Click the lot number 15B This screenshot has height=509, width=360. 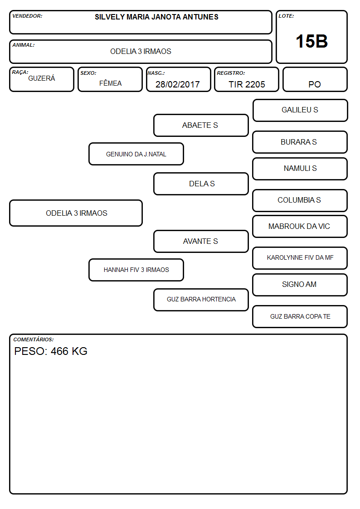311,41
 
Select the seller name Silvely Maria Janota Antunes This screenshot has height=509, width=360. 156,17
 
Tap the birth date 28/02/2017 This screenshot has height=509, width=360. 178,84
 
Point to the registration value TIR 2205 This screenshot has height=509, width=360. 247,84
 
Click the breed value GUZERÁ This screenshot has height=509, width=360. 42,78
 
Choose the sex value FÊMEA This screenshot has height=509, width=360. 110,83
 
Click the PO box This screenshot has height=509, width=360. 315,79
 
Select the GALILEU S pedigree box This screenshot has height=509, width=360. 300,111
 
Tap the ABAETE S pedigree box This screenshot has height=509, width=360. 201,125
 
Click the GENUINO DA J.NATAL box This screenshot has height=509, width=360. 136,154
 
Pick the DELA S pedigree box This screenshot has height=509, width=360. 201,184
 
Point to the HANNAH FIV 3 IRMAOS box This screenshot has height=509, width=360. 136,270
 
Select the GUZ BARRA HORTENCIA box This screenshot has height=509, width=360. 201,300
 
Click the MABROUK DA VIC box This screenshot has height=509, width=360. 300,227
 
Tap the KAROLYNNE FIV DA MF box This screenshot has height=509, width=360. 300,258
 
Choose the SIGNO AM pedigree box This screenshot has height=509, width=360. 300,285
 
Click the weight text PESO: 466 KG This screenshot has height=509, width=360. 51,351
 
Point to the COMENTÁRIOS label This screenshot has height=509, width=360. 34,339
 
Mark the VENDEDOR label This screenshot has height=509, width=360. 27,16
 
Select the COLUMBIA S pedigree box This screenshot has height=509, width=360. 300,201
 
